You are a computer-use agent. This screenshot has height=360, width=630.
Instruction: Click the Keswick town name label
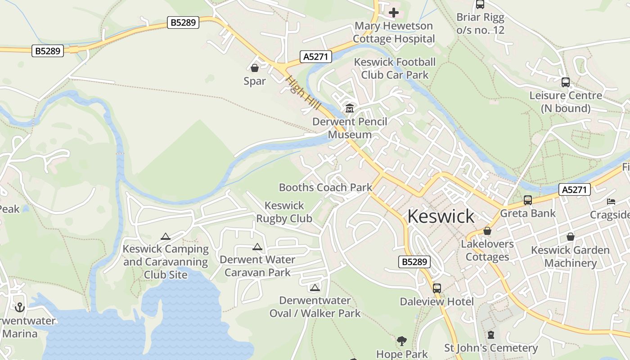[441, 216]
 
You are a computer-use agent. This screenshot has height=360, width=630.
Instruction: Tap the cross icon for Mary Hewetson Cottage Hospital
[394, 13]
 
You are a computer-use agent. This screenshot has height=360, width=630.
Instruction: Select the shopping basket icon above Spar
[255, 68]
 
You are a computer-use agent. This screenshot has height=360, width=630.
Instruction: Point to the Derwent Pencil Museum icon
[350, 108]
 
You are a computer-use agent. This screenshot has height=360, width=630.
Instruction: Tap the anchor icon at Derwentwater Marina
[19, 307]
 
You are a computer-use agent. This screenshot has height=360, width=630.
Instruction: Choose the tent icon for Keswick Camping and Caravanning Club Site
[166, 236]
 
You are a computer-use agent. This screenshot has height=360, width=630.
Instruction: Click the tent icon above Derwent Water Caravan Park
[257, 247]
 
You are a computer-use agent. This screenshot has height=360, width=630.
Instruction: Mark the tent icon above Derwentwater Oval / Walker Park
[315, 288]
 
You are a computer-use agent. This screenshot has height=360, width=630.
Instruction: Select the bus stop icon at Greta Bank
[528, 200]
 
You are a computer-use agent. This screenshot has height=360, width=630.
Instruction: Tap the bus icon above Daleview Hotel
[436, 288]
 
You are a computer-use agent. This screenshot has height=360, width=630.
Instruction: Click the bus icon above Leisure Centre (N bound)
[566, 82]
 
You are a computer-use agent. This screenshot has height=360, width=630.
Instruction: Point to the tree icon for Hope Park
[402, 341]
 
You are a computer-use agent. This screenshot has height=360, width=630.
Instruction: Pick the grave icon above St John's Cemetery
[491, 335]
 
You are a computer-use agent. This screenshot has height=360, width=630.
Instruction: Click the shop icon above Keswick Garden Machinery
[570, 236]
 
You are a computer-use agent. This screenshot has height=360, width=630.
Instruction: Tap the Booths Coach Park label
[325, 187]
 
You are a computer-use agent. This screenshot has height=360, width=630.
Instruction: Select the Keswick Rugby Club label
[284, 212]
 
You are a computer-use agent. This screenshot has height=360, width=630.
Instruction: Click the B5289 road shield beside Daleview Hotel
[414, 262]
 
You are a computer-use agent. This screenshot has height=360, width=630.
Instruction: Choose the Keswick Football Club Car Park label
[395, 68]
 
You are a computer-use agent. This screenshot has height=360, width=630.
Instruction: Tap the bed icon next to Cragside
[611, 201]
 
